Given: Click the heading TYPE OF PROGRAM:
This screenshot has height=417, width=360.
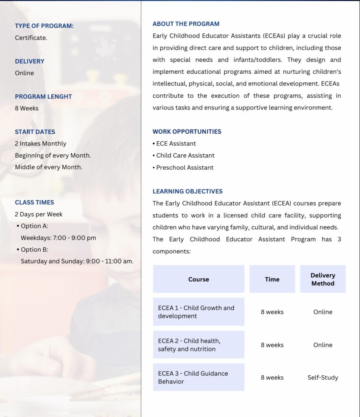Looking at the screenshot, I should (44, 26).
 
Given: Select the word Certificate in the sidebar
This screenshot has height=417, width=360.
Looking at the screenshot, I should (31, 38).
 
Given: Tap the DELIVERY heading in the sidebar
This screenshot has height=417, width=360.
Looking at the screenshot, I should (30, 61).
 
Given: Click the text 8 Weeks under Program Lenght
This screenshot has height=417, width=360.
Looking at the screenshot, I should (27, 108).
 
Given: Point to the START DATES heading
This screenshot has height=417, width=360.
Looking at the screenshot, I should (35, 132).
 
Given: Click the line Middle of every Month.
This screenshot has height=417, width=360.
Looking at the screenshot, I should (48, 167).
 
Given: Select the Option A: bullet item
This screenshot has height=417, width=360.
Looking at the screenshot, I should (34, 226).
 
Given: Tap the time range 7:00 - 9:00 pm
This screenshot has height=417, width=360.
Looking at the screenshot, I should (75, 238).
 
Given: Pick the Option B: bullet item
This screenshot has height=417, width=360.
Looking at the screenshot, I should (34, 250).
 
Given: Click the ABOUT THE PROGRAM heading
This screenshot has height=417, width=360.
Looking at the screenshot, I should (186, 24).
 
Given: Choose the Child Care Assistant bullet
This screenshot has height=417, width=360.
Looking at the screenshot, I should (185, 156).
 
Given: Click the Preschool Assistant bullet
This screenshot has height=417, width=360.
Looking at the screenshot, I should (184, 167).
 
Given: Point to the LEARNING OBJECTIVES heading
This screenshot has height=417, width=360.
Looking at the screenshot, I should (187, 191).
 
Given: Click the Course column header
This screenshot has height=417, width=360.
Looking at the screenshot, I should (199, 279).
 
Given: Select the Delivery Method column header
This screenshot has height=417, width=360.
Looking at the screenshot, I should (323, 279).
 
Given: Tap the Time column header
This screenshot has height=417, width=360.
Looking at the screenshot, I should (272, 279).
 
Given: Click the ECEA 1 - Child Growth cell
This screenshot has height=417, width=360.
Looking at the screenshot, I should (199, 312).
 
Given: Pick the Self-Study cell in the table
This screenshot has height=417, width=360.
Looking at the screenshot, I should (323, 377).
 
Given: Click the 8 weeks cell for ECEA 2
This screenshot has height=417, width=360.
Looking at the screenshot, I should (272, 345).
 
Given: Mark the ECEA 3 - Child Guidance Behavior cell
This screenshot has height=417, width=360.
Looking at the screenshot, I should (199, 377).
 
